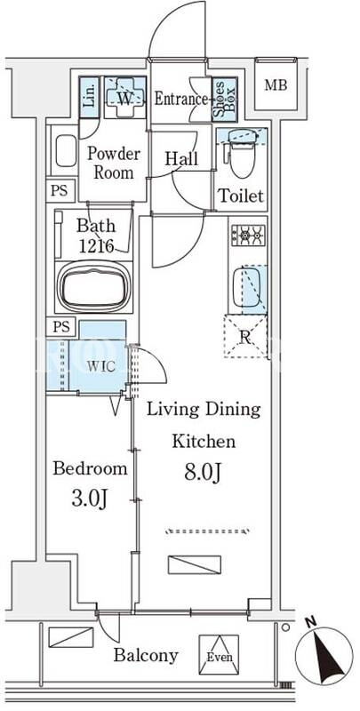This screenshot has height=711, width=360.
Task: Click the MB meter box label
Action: (276, 84)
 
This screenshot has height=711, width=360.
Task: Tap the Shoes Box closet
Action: (225, 100)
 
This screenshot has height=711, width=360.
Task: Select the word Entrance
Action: (181, 99)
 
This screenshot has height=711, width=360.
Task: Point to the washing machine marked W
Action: (125, 97)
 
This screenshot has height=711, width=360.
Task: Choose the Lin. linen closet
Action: (89, 98)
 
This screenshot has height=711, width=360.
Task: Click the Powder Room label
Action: (114, 163)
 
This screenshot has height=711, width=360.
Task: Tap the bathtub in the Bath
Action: (94, 286)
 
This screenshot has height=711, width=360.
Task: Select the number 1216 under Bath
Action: (96, 245)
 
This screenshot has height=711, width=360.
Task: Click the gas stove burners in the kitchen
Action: (248, 235)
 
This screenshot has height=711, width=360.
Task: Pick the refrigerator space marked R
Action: (245, 336)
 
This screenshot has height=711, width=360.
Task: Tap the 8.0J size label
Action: (203, 473)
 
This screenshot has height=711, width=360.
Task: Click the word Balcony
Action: (146, 655)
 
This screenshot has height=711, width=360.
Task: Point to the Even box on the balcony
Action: (219, 654)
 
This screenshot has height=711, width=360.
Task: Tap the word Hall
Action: (181, 159)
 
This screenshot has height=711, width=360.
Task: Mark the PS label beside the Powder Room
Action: (60, 190)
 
